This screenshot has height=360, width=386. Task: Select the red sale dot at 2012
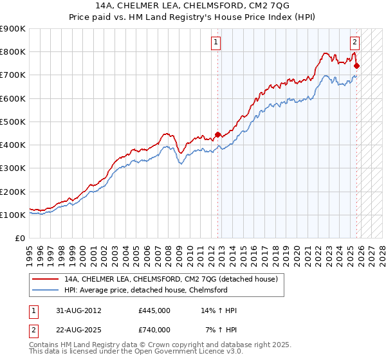(x=217, y=134)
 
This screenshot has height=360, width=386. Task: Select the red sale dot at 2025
(x=357, y=66)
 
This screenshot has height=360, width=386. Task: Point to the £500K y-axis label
(x=13, y=122)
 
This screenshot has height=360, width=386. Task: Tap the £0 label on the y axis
(x=21, y=238)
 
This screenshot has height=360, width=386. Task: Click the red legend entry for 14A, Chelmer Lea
(x=170, y=279)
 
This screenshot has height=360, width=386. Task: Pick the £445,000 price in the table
(x=154, y=310)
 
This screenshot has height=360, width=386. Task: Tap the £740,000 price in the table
(x=154, y=330)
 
